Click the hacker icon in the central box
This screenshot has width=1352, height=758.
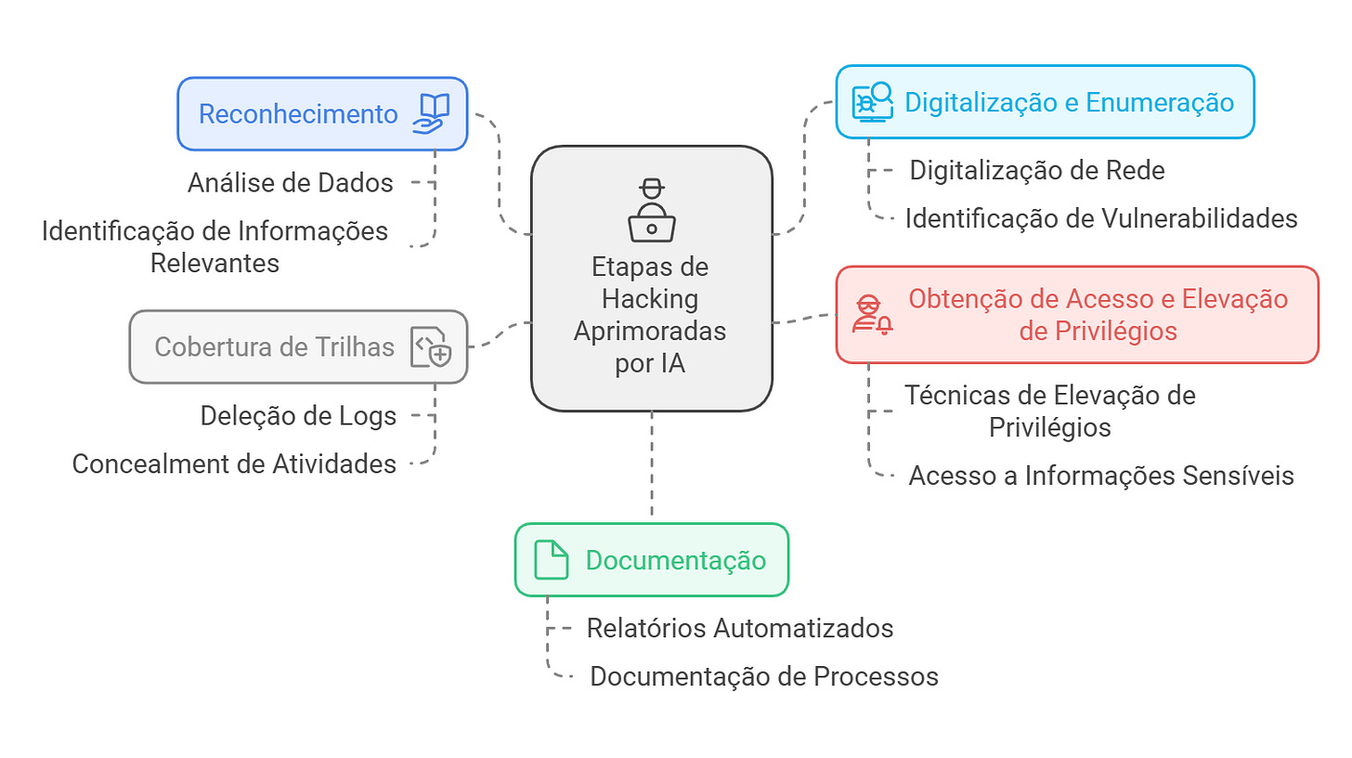coord(651,211)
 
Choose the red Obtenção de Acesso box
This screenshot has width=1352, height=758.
coord(1076,314)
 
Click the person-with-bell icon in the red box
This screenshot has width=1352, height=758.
coord(872,315)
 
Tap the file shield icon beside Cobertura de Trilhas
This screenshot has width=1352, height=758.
coord(431,347)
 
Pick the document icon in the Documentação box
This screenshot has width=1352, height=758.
coord(551,560)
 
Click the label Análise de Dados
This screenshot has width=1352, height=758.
coord(291,182)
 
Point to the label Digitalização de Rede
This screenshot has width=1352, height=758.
coord(1037,170)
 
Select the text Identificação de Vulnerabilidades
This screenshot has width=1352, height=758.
coord(1101,218)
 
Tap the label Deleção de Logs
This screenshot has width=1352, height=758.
coord(298,415)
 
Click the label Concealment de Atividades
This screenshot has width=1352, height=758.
coord(234,463)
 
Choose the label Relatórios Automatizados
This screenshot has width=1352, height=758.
coord(740,628)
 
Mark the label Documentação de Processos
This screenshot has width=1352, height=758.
coord(764,676)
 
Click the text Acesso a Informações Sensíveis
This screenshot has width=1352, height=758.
coord(1101,475)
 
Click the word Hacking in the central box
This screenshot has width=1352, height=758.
coord(650,299)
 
